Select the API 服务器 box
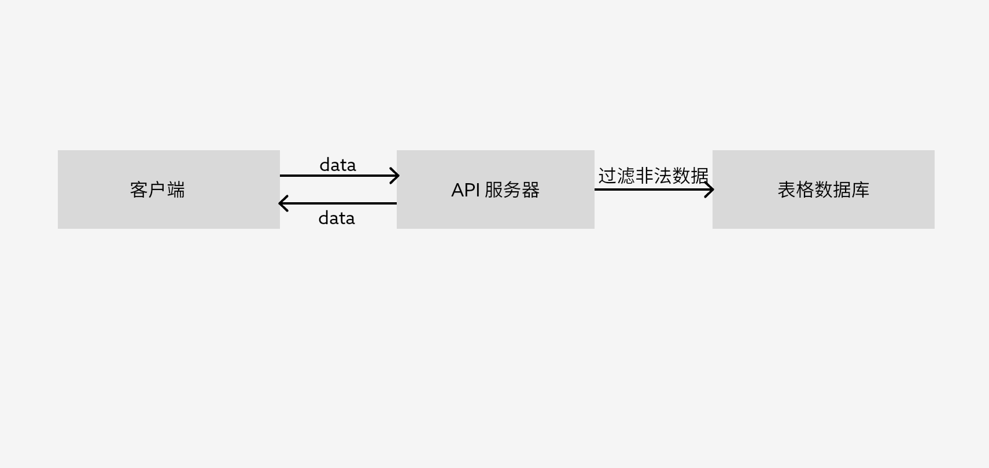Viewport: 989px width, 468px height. [495, 214]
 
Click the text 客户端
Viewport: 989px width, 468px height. [157, 190]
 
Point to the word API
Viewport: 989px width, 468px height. [466, 190]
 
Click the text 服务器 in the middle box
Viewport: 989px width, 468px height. [512, 190]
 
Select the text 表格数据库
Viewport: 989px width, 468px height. [823, 190]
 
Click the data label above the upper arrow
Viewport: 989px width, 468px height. [338, 165]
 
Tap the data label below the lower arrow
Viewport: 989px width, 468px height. [337, 218]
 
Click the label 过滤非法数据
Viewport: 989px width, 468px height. [653, 176]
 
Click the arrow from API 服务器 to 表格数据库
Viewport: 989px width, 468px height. [648, 190]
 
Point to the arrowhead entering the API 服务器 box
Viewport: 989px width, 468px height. [396, 176]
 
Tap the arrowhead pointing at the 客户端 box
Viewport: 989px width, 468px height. [282, 203]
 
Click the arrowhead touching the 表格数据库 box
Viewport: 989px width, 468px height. [710, 190]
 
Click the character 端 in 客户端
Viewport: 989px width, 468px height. [176, 190]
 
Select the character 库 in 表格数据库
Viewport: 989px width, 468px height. [861, 190]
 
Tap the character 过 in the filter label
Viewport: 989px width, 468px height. [607, 176]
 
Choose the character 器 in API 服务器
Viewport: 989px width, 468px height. [530, 190]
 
